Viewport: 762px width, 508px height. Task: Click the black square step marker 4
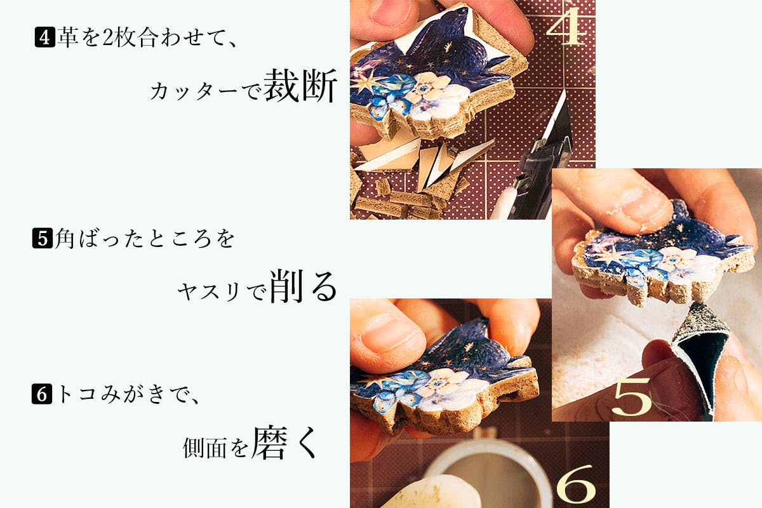coord(44,37)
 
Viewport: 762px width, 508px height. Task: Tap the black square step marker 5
coord(42,238)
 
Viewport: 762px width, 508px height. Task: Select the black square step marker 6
coord(42,394)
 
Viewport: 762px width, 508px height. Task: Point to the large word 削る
coord(304,286)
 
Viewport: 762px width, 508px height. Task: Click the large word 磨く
coord(284,443)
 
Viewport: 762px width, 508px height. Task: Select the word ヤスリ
coord(211,292)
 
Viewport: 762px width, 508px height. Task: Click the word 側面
coord(204,448)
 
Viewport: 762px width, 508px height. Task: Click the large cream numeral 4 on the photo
coord(566,26)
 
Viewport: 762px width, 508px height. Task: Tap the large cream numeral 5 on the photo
coord(631,397)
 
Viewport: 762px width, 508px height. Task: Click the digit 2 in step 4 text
coord(108,37)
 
